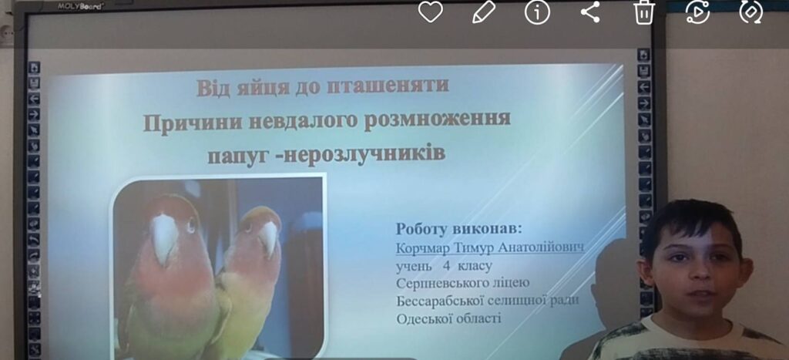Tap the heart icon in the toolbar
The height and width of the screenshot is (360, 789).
tap(430, 12)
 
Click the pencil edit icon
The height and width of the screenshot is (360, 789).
tap(484, 12)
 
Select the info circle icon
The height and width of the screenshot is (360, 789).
tap(537, 12)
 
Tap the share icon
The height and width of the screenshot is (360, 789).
tap(590, 12)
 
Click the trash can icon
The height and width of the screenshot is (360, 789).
tap(644, 12)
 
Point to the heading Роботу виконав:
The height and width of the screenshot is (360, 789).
tap(459, 229)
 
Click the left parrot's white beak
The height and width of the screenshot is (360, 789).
tap(164, 237)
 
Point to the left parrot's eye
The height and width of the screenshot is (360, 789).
tap(192, 224)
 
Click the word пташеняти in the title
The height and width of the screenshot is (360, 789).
tap(388, 86)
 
